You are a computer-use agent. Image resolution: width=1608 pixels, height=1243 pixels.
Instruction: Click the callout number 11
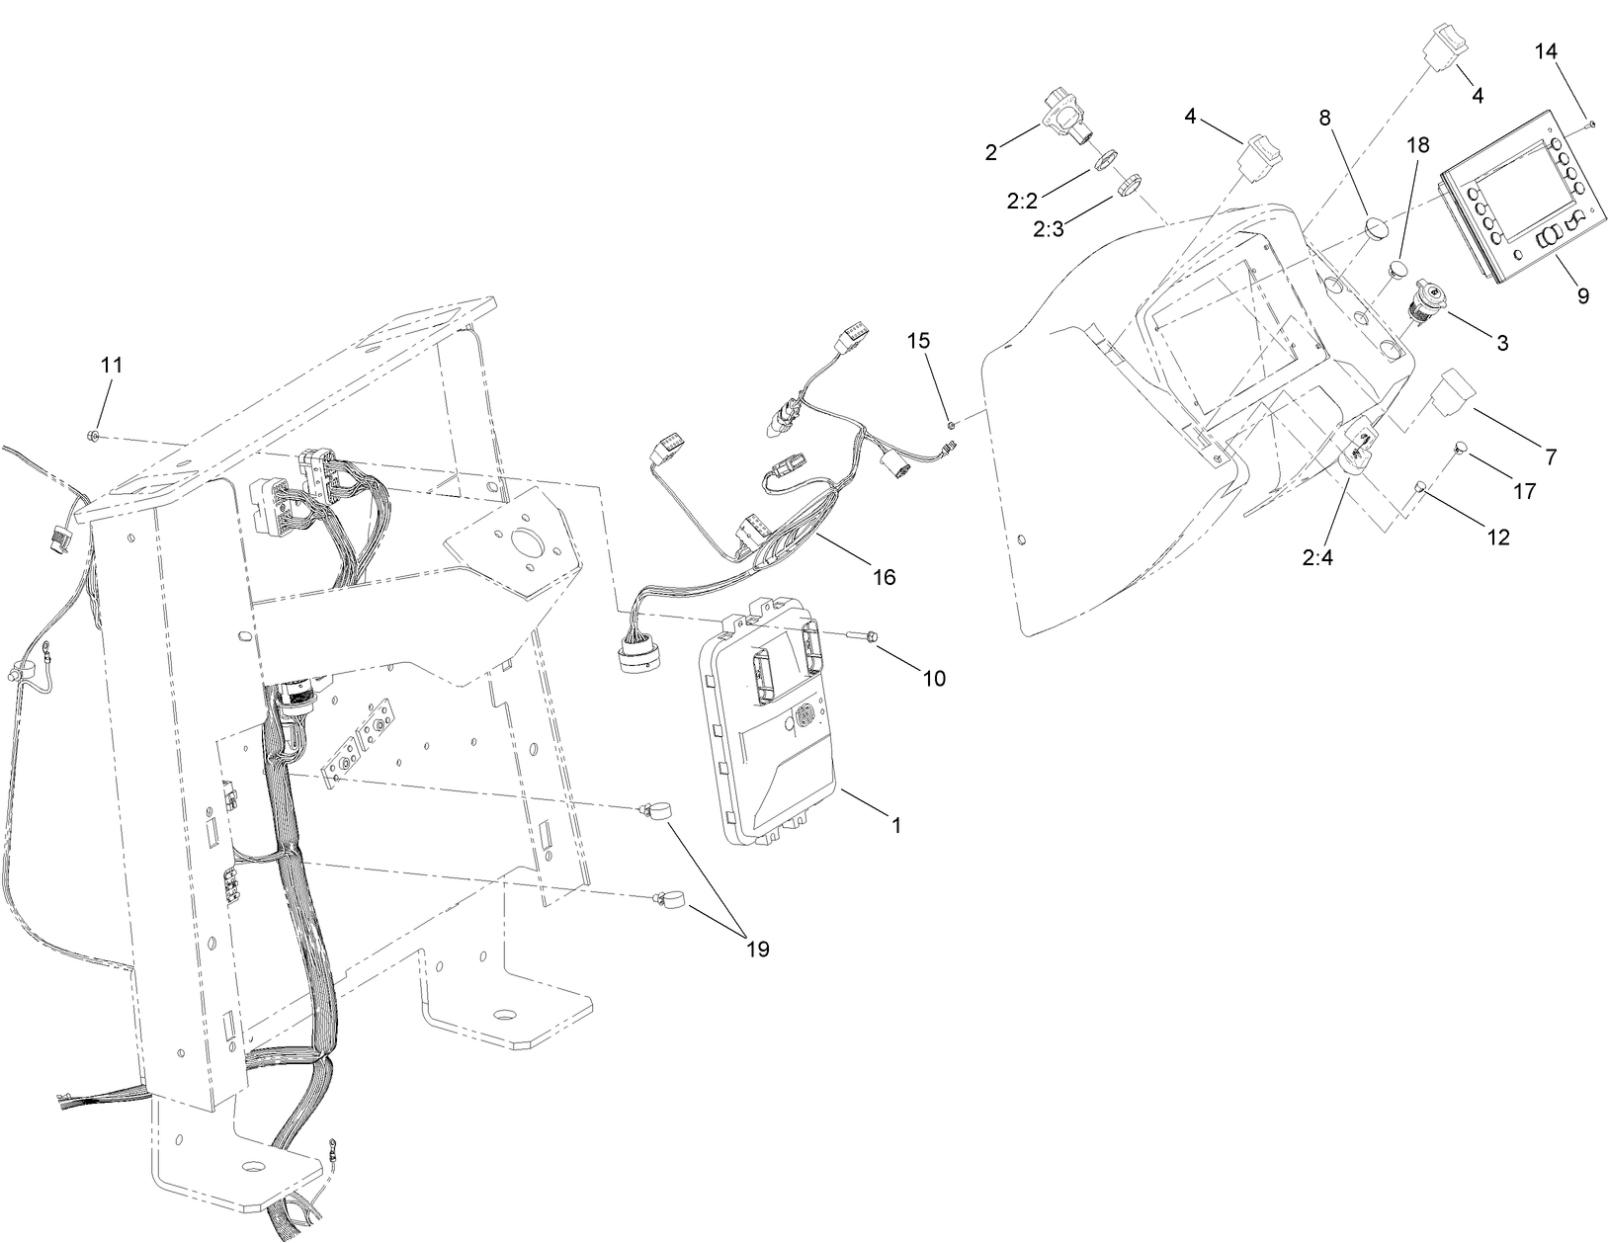click(112, 365)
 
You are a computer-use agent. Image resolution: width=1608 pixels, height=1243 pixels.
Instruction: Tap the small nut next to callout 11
click(92, 435)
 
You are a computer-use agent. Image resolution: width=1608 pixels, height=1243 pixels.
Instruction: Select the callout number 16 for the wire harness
click(884, 576)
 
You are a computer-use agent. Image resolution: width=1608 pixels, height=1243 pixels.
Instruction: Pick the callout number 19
click(757, 949)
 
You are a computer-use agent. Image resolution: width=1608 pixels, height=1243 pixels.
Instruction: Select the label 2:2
click(1021, 202)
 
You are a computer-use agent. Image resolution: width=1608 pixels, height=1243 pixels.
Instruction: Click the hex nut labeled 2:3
click(1130, 185)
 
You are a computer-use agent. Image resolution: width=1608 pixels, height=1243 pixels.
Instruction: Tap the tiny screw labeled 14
click(1590, 124)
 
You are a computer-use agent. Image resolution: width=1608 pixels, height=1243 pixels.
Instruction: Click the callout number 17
click(1525, 489)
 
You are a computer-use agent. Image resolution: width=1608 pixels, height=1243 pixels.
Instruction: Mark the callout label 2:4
click(1318, 556)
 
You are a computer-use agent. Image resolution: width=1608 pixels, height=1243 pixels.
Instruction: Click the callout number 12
click(1497, 537)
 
